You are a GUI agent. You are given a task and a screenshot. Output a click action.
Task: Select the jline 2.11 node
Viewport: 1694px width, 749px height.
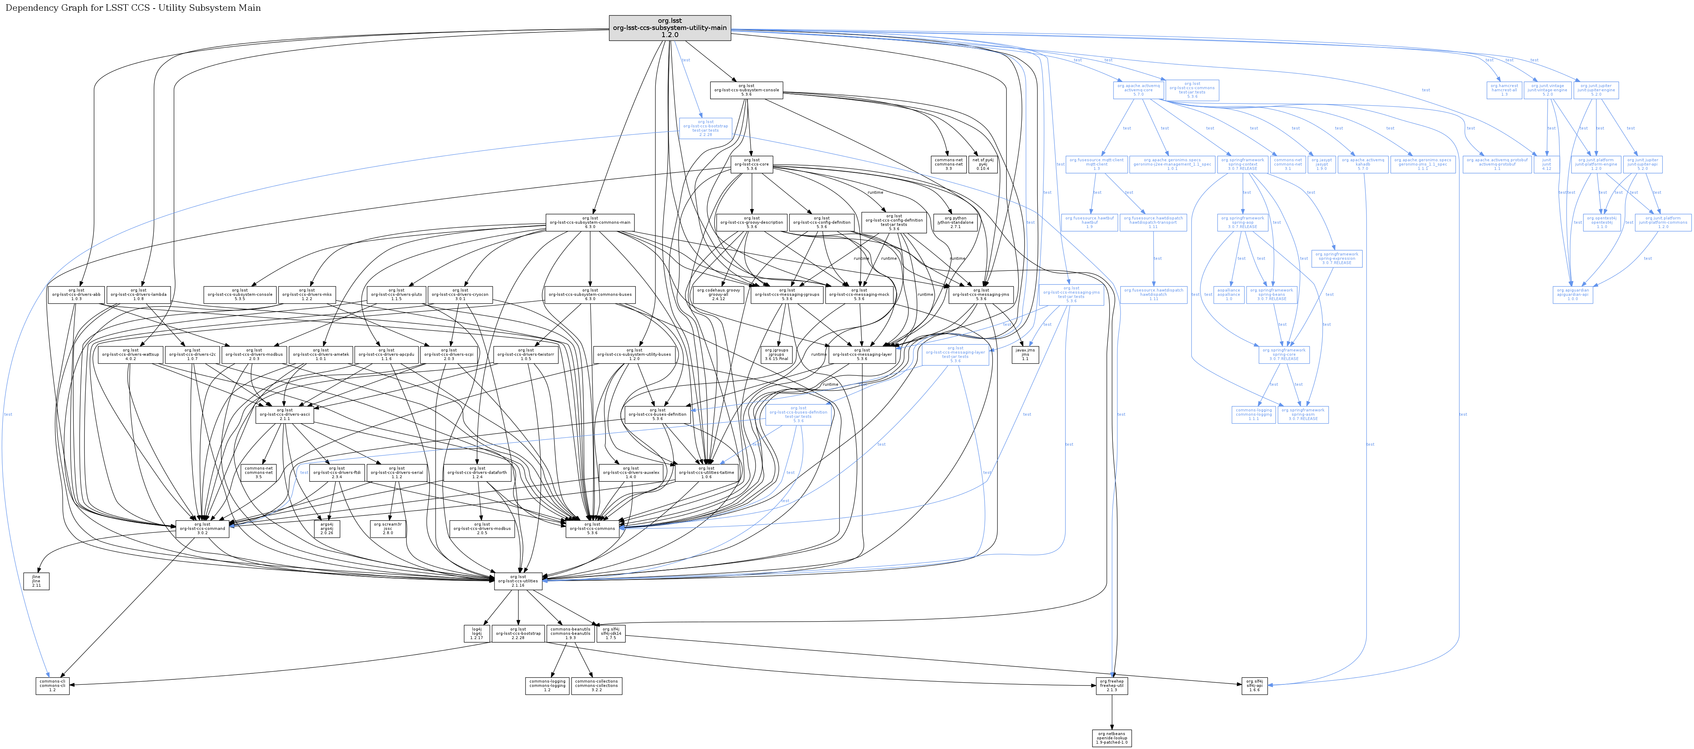(x=36, y=581)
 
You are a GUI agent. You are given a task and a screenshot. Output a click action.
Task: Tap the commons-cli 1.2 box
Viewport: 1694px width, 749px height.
(x=52, y=686)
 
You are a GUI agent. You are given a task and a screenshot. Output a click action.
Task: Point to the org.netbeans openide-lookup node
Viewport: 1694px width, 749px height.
(x=1111, y=738)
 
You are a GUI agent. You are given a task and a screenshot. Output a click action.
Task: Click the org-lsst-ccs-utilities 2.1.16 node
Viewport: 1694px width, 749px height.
(x=518, y=581)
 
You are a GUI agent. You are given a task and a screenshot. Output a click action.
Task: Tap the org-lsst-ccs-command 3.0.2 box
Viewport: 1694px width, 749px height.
(x=202, y=528)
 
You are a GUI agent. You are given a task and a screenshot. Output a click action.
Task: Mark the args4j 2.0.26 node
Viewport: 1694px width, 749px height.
(x=327, y=528)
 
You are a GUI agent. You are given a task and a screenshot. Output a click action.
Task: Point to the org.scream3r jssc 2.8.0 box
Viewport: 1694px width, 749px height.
(x=388, y=528)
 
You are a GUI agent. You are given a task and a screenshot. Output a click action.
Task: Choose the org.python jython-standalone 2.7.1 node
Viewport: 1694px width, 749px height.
(x=955, y=222)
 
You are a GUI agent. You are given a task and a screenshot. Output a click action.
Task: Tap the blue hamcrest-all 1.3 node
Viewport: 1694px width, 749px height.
(x=1504, y=90)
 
